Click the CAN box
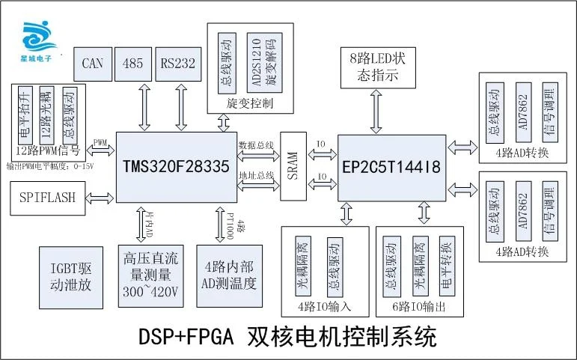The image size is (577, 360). (x=94, y=64)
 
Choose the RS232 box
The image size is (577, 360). (x=177, y=64)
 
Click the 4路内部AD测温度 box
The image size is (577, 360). (x=230, y=275)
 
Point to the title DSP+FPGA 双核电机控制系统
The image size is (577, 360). (x=288, y=337)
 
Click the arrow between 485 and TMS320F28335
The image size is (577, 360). (x=141, y=107)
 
